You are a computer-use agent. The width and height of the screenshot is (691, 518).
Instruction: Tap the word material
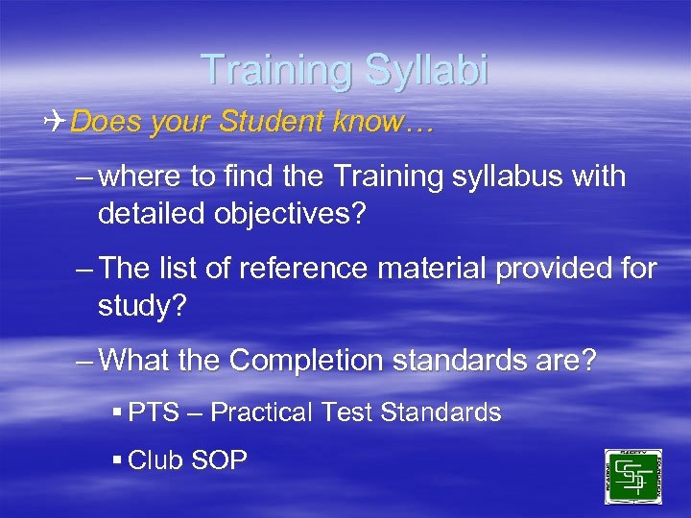[429, 269]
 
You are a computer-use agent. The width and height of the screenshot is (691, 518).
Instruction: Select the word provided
[556, 269]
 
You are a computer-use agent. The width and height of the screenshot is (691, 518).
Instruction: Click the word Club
[160, 460]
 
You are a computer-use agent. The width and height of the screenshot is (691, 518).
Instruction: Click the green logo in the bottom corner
[632, 477]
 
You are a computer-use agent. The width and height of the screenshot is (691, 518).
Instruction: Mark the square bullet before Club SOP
[117, 460]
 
